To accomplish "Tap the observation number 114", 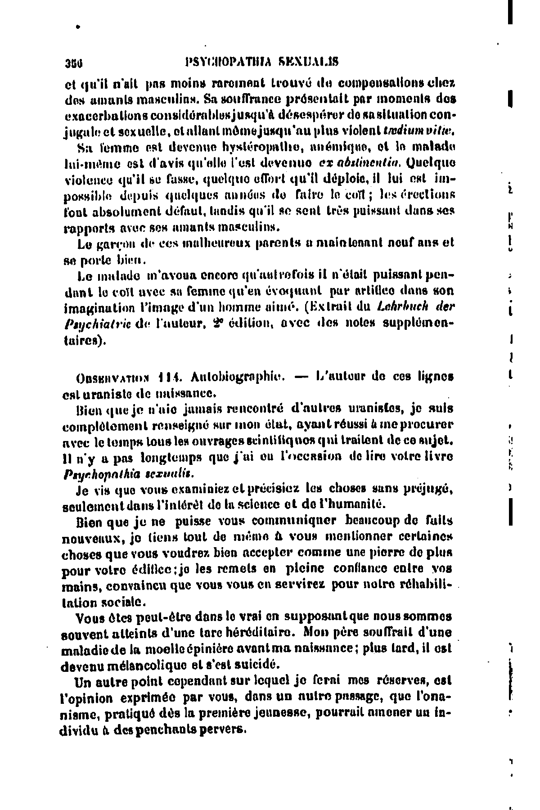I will [x=171, y=377].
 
